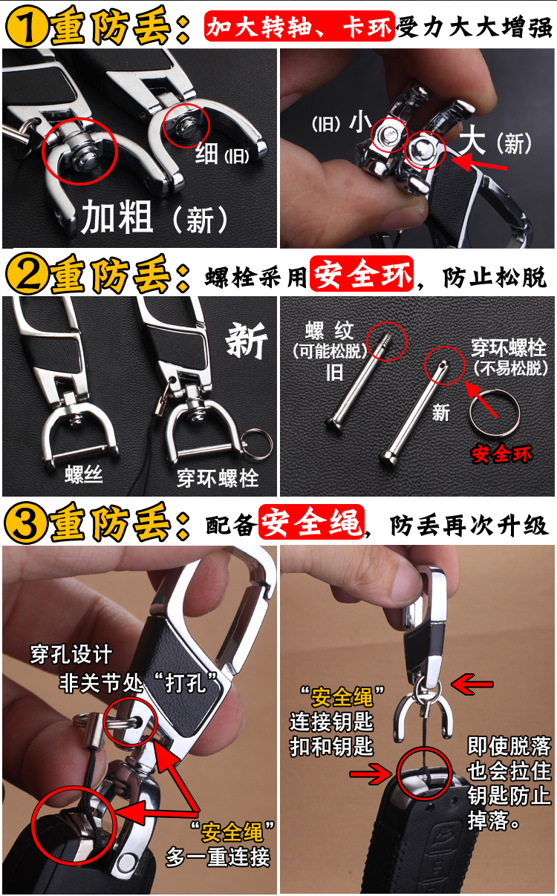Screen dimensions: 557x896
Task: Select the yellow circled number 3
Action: pos(25,523)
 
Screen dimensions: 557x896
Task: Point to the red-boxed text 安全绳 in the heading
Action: pos(312,523)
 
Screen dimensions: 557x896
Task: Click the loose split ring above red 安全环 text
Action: pos(495,412)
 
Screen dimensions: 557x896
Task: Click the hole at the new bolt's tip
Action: pos(443,364)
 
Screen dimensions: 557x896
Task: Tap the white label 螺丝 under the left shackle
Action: pos(84,474)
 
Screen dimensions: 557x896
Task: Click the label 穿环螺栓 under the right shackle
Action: pos(218,478)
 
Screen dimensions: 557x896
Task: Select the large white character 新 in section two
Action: pos(247,341)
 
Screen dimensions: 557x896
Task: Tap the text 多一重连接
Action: pos(218,857)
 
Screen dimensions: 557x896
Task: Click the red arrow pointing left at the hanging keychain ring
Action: pos(472,684)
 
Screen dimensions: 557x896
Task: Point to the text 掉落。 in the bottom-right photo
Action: pos(494,820)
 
